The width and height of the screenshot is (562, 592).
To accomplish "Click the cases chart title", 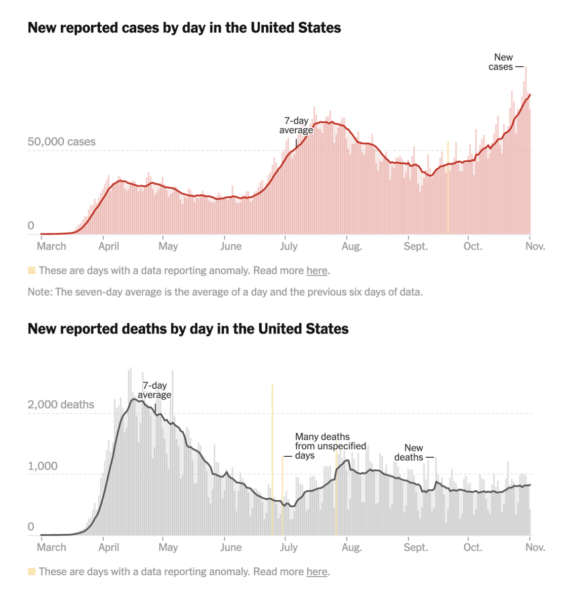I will pos(184,28).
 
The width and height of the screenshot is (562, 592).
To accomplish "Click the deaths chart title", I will pos(188,329).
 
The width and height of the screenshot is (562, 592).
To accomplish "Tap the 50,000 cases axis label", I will pos(62,142).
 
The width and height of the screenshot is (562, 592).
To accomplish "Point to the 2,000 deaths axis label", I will pos(61,405).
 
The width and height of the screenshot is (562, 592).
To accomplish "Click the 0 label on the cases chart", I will pos(31,226).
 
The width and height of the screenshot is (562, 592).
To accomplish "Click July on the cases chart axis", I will pos(289,246).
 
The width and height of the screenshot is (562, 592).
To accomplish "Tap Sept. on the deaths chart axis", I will pos(416,548).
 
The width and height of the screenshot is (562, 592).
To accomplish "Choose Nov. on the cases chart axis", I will pos(535,246).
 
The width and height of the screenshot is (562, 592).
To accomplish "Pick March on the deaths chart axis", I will pos(51,548).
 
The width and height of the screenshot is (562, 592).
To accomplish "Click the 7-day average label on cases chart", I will pos(296,125).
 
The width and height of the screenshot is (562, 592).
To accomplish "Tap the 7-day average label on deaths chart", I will pos(155,390).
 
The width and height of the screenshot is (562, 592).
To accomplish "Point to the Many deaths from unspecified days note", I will pos(330,446).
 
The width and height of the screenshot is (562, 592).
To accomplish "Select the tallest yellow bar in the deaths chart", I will pos(272,459).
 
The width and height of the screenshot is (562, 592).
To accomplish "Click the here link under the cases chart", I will pos(317,271).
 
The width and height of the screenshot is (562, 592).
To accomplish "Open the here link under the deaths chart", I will pos(317,572).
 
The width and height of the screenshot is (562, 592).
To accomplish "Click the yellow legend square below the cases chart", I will pos(32,270).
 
